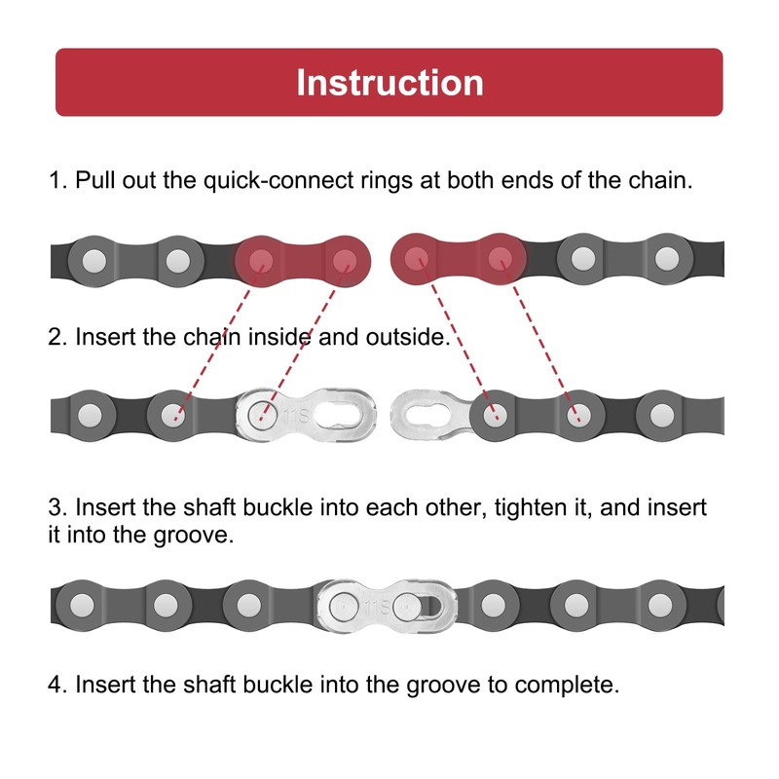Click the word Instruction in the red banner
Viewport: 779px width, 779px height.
389,82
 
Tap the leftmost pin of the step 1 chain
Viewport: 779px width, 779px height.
93,260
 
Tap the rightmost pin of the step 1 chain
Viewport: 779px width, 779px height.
666,258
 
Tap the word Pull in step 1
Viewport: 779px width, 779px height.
93,181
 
